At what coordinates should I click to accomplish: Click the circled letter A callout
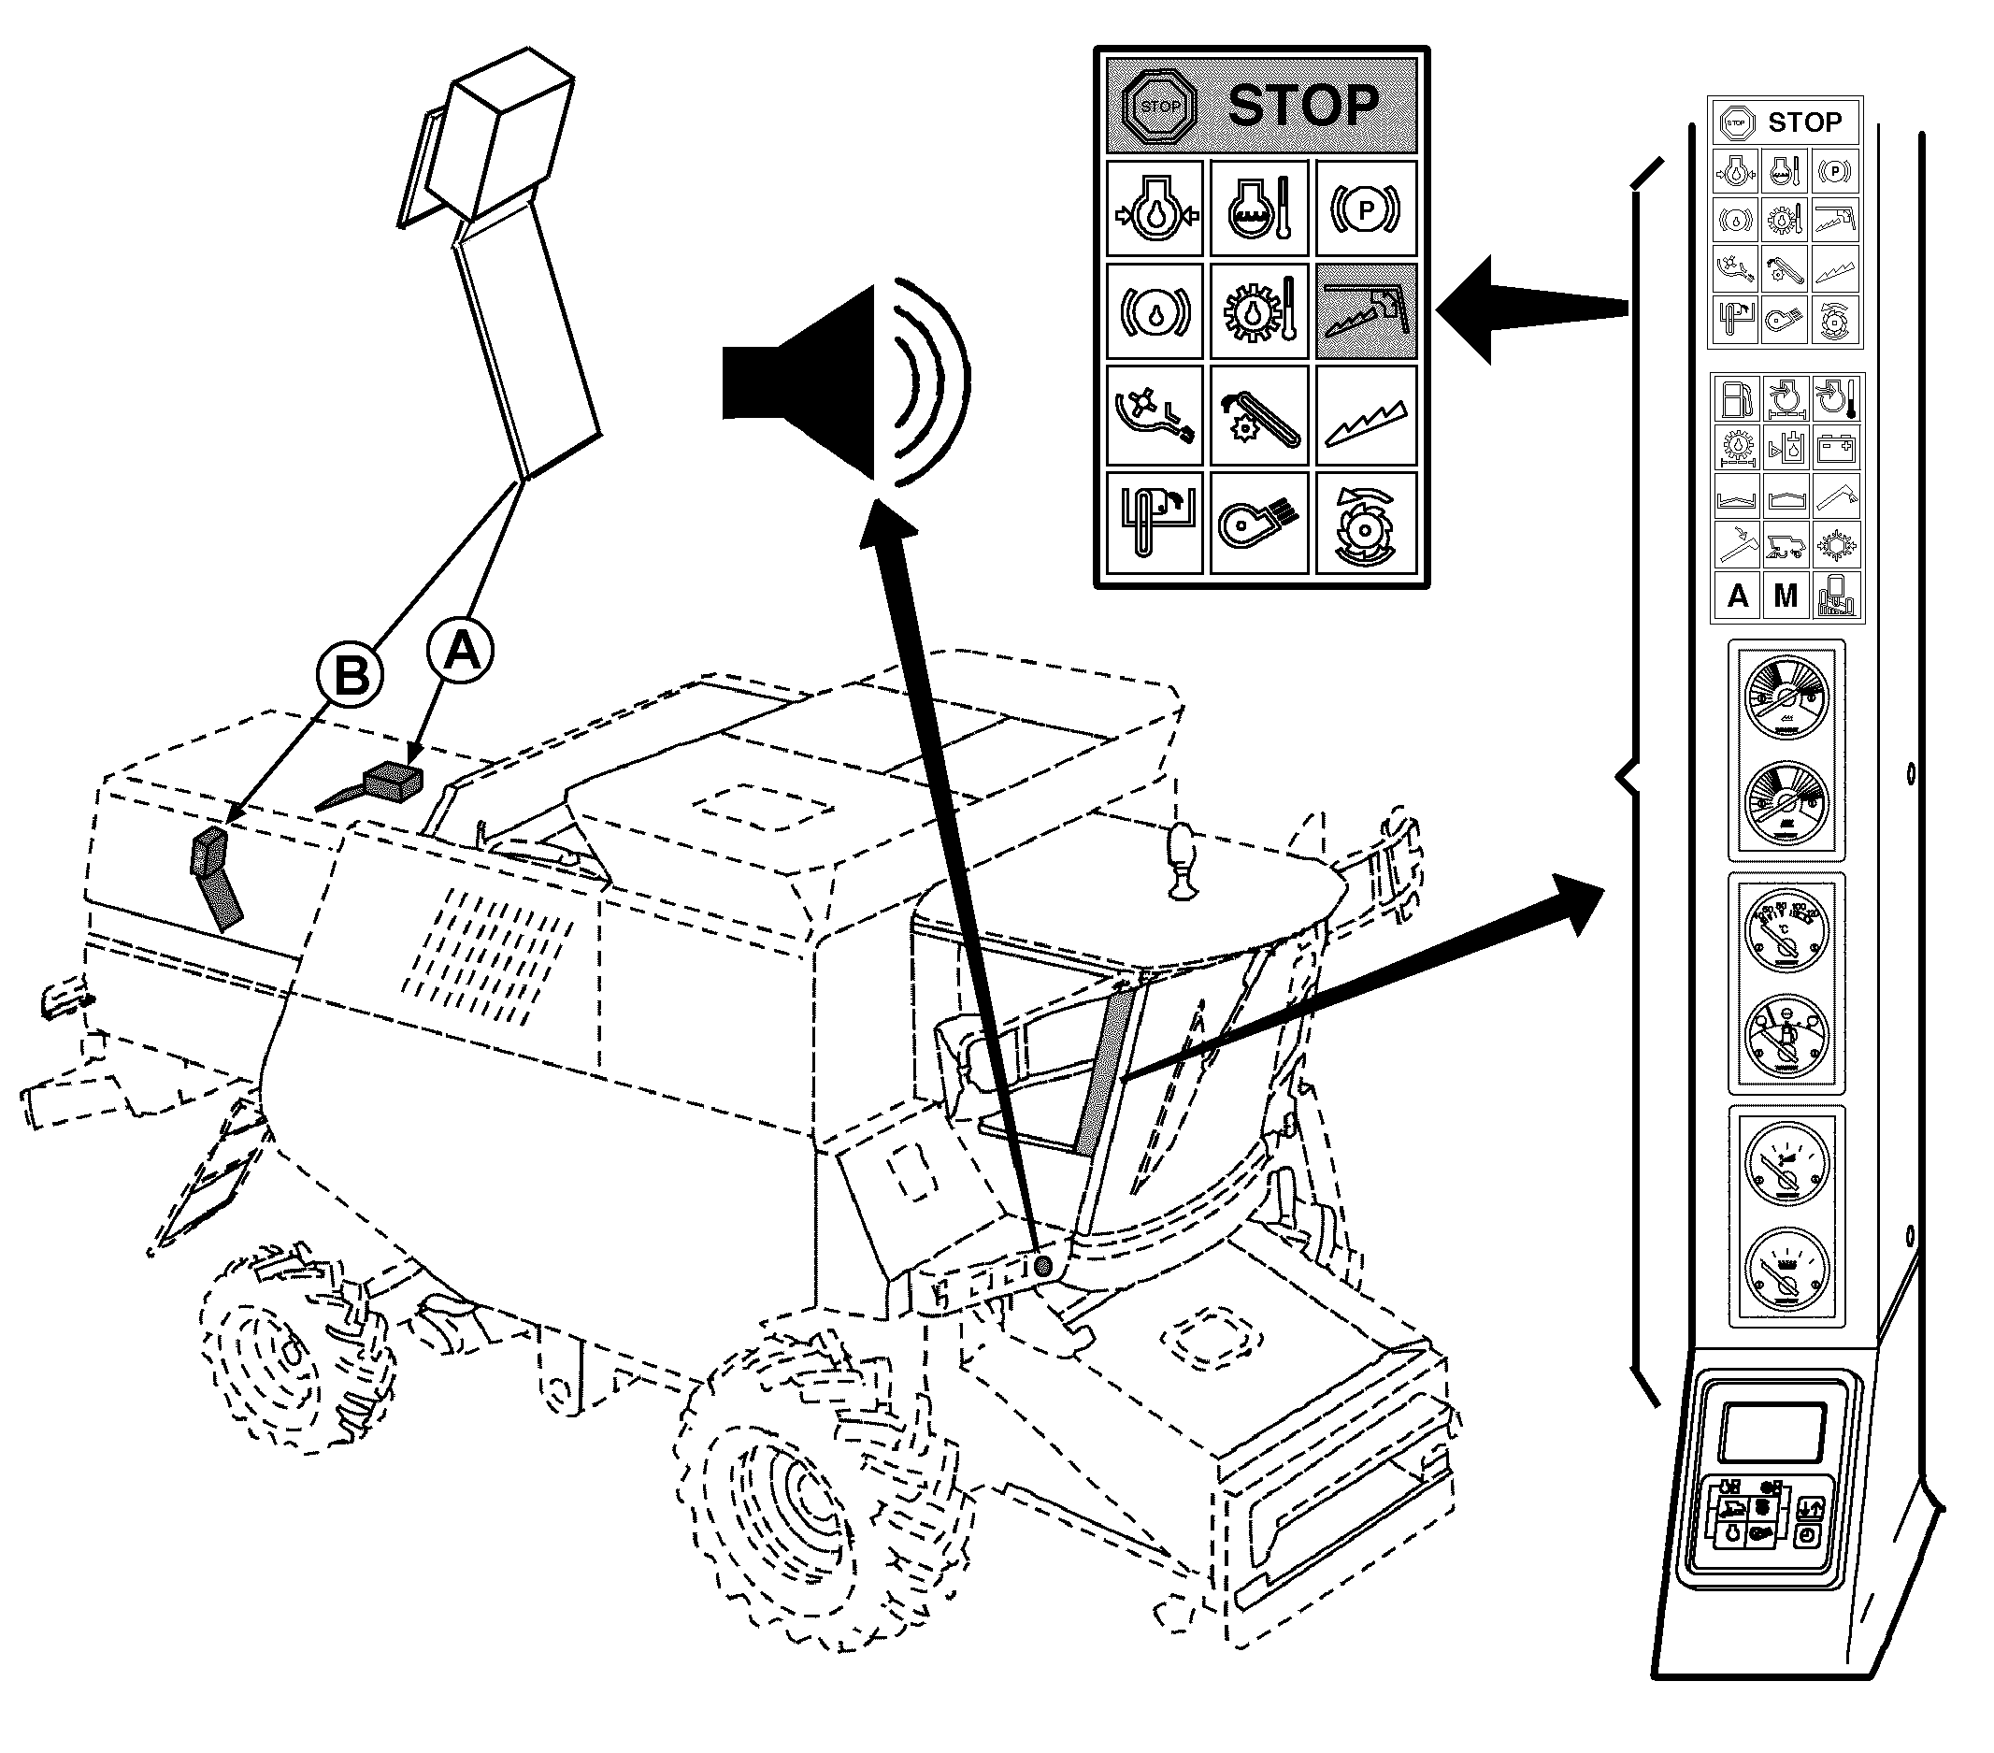[462, 650]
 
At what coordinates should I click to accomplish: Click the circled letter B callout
[351, 675]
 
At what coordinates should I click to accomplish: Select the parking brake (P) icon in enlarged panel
[1365, 208]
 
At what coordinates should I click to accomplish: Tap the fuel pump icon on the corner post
[1737, 399]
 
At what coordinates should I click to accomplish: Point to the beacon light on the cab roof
[1182, 859]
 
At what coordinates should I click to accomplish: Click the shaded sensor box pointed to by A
[393, 782]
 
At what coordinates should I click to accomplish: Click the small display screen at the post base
[1772, 1432]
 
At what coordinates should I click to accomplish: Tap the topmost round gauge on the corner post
[1786, 698]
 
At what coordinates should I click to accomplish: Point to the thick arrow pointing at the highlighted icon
[1522, 310]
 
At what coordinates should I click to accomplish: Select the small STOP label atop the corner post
[1805, 122]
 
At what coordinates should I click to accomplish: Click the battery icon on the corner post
[1835, 449]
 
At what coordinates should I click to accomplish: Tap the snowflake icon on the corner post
[1835, 545]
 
